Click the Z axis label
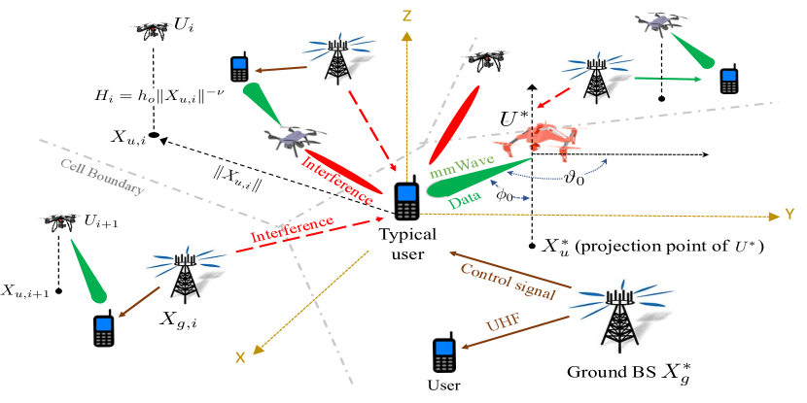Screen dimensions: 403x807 click(x=407, y=15)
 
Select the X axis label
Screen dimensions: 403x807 click(x=239, y=357)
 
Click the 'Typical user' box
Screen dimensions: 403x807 click(x=407, y=244)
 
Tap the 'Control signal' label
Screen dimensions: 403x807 click(x=508, y=281)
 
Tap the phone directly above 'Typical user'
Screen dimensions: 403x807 click(x=407, y=201)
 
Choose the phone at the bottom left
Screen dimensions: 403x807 click(x=103, y=331)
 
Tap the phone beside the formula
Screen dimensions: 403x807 click(x=239, y=70)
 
